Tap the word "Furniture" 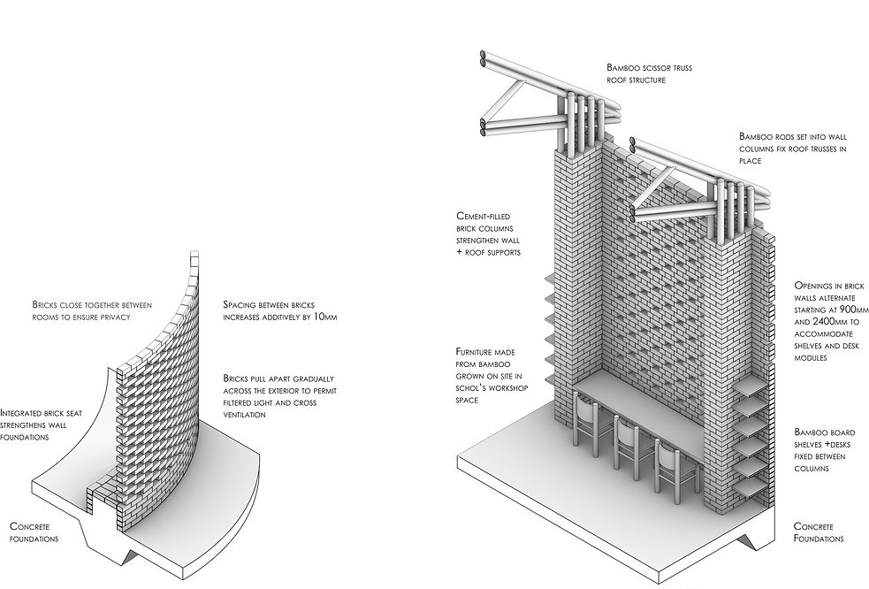[478, 351]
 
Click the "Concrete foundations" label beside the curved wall [34, 532]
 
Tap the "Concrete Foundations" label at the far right [819, 532]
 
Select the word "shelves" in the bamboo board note [813, 444]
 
